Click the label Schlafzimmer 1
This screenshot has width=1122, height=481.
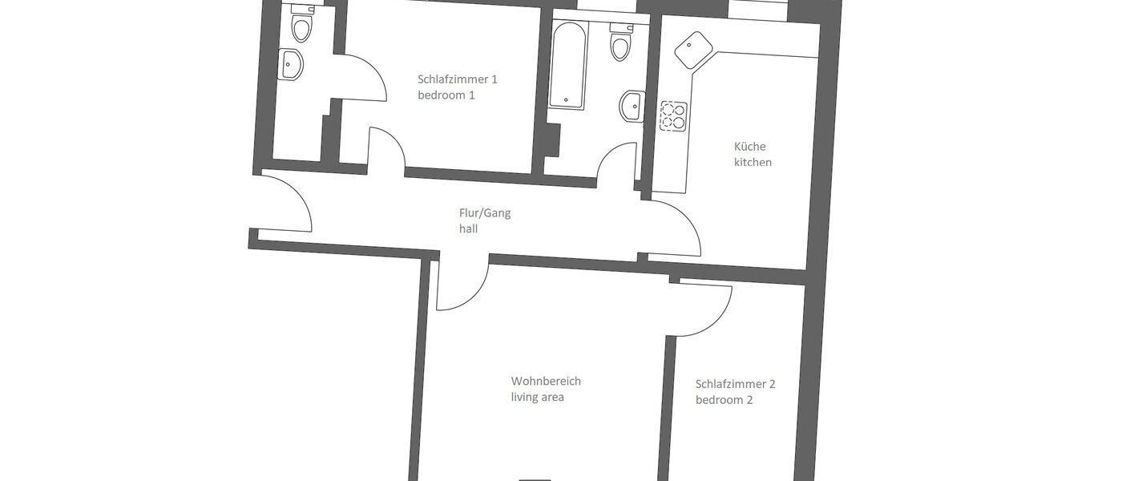point(458,79)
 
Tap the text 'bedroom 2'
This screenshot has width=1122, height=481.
point(724,400)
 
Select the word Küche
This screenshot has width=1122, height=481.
point(750,147)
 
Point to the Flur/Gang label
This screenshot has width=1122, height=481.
point(485,213)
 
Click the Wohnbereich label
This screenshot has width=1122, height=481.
point(546,381)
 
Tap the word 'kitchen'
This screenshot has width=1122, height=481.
point(753,162)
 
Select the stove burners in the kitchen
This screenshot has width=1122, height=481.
point(672,116)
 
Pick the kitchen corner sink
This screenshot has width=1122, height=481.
point(692,51)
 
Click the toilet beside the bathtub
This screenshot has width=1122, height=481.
point(620,45)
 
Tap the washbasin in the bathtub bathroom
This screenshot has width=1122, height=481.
point(632,105)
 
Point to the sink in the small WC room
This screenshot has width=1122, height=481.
point(290,64)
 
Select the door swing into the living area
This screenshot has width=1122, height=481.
point(463,285)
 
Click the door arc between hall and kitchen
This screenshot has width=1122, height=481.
point(675,228)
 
